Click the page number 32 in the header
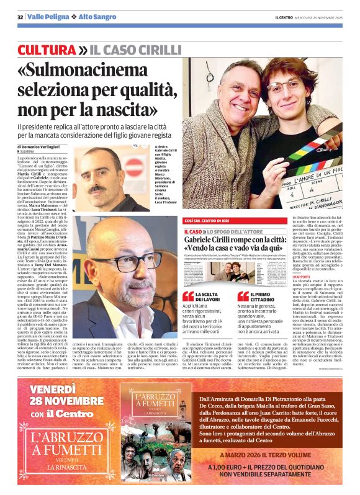[x=20, y=16]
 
